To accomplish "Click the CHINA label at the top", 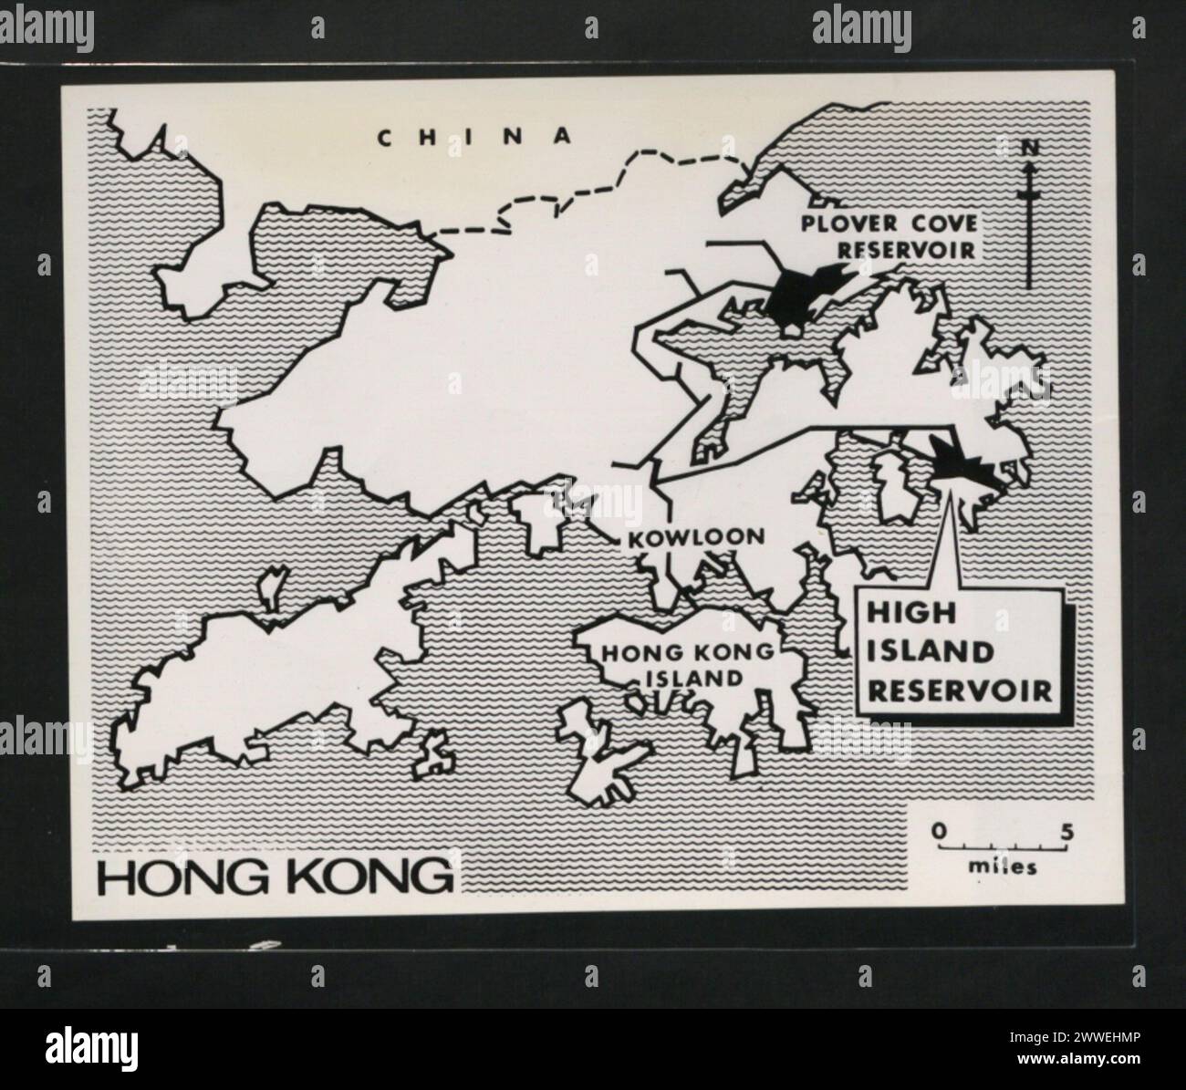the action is tap(475, 137).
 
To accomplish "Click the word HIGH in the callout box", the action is tap(898, 614).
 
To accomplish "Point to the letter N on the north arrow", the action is tap(1029, 146).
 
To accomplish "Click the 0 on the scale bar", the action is tap(937, 831).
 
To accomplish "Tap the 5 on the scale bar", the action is tap(1066, 831).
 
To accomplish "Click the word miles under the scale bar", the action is tap(1003, 867).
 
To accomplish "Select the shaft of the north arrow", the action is tap(1029, 228).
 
